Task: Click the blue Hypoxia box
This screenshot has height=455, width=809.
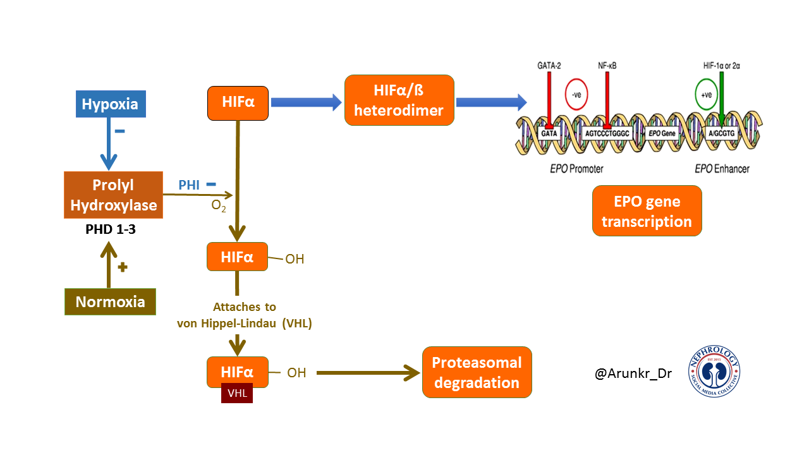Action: tap(110, 104)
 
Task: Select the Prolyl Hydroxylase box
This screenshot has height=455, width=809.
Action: tap(114, 195)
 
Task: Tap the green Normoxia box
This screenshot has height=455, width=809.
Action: tap(110, 301)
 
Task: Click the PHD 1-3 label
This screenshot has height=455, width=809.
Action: tap(111, 229)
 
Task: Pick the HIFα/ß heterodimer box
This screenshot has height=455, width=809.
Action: tap(399, 100)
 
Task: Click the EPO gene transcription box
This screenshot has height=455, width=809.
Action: tap(647, 210)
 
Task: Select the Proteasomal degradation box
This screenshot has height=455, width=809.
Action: tap(477, 372)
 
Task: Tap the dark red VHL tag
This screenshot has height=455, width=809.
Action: tap(236, 392)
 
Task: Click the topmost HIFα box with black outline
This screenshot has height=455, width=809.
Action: tap(238, 102)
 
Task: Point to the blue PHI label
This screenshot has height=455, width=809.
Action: tap(190, 185)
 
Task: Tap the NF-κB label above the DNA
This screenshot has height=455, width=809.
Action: tap(607, 64)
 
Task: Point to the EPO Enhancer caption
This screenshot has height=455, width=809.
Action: tap(721, 169)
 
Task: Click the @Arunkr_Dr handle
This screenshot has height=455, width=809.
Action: tap(633, 373)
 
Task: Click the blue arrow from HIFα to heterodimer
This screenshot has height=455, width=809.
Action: tap(302, 102)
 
